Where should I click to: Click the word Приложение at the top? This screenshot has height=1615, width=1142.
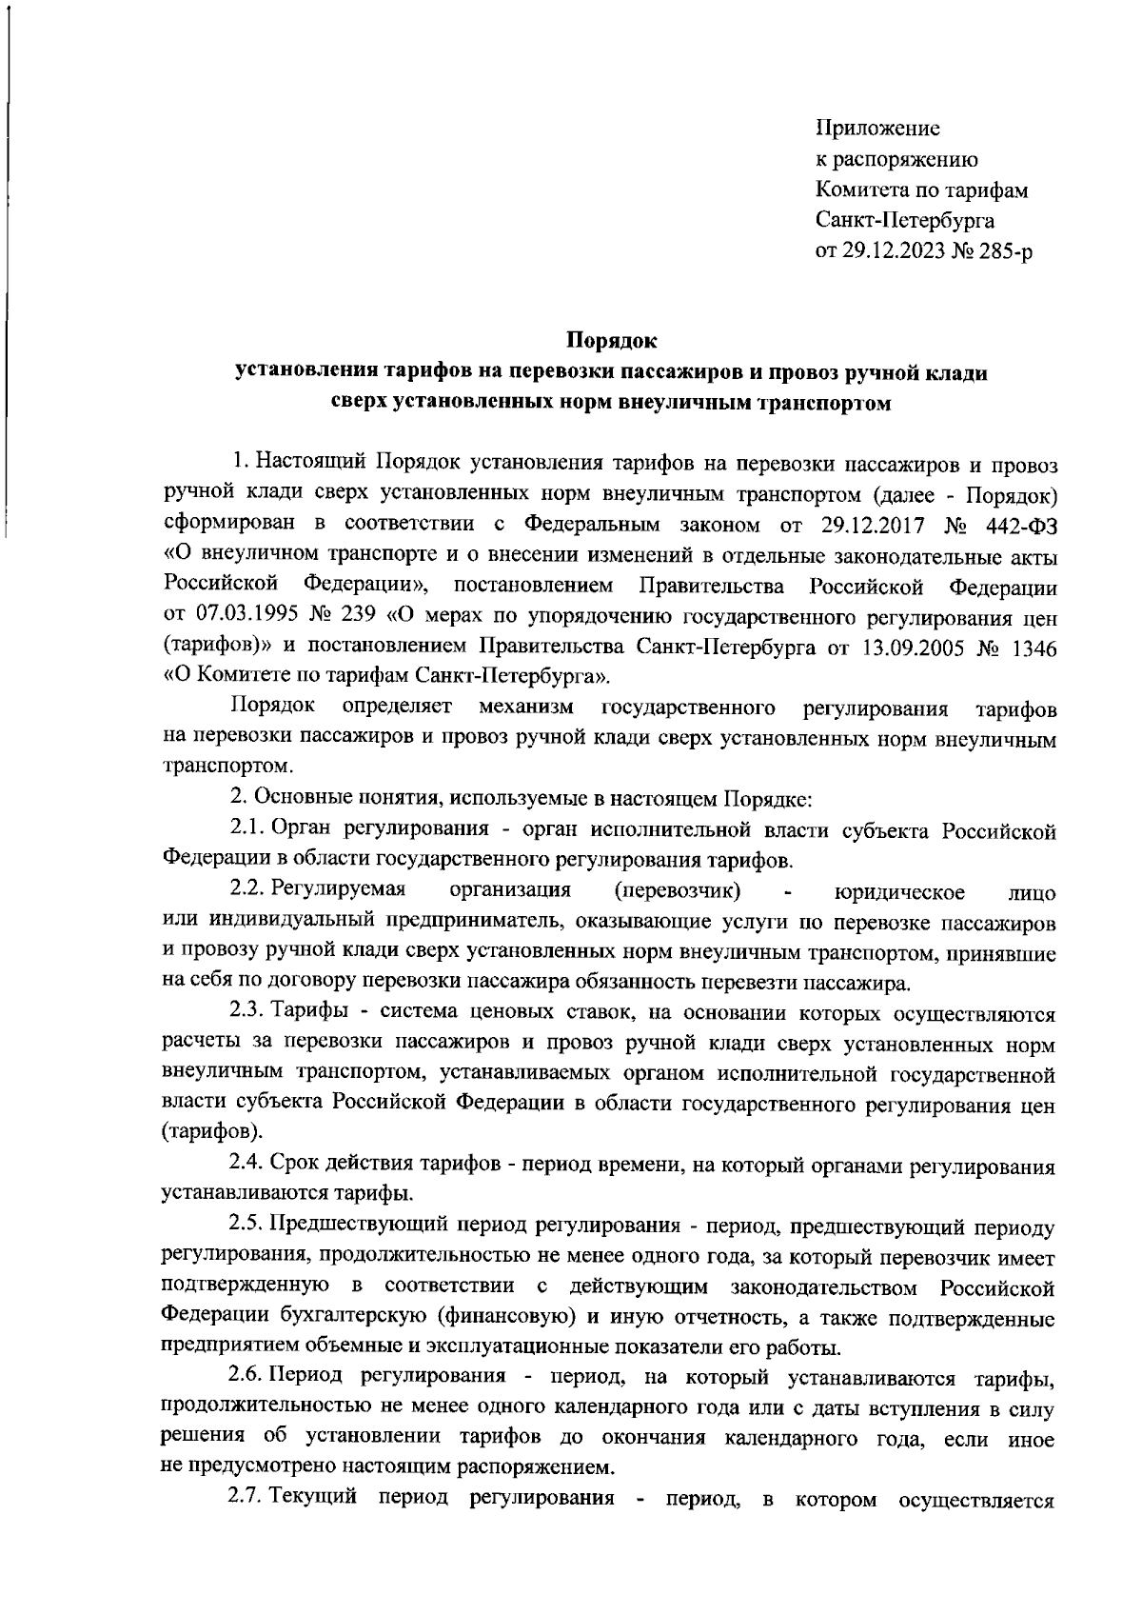pos(878,128)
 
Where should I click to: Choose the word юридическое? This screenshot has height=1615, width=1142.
pos(899,892)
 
